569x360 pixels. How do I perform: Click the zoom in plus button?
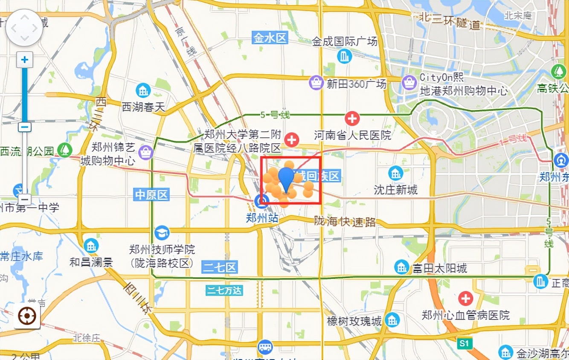click(x=25, y=60)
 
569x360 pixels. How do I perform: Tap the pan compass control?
click(x=24, y=28)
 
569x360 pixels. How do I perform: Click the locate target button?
click(x=27, y=316)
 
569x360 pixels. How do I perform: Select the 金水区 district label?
click(x=270, y=38)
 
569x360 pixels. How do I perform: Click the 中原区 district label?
click(x=152, y=195)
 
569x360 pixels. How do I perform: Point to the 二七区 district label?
click(x=220, y=267)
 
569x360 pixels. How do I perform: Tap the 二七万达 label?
click(x=224, y=290)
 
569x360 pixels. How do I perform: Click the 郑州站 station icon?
click(x=261, y=201)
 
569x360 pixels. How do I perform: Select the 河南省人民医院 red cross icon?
click(x=352, y=118)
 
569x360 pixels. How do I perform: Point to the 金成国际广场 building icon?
click(x=344, y=56)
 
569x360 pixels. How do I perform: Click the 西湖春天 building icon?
click(x=143, y=90)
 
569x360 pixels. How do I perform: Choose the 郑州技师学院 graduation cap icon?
click(x=162, y=233)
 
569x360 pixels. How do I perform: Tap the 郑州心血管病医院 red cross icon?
click(x=465, y=298)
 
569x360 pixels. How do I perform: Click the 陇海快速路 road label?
click(x=345, y=221)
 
